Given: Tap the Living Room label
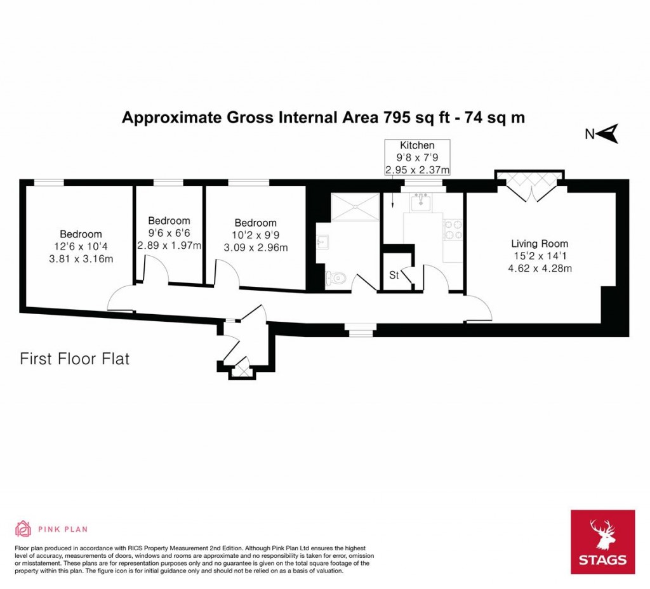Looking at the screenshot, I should click(x=540, y=243).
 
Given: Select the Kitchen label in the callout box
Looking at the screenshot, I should click(x=417, y=146).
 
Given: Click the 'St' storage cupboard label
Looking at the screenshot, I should click(x=394, y=275).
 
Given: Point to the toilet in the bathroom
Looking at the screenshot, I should click(x=336, y=277).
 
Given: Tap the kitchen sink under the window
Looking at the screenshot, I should click(x=420, y=203).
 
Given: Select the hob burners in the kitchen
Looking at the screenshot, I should click(x=453, y=230).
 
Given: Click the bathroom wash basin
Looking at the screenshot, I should click(x=322, y=242).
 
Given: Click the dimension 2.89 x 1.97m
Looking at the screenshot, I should click(x=169, y=245).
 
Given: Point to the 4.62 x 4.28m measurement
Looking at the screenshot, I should click(x=540, y=268).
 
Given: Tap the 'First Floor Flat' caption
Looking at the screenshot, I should click(x=75, y=359).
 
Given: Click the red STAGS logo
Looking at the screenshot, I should click(x=602, y=541).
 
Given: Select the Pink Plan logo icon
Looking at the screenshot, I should click(x=23, y=528).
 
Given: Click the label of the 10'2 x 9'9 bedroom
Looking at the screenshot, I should click(x=255, y=223).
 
